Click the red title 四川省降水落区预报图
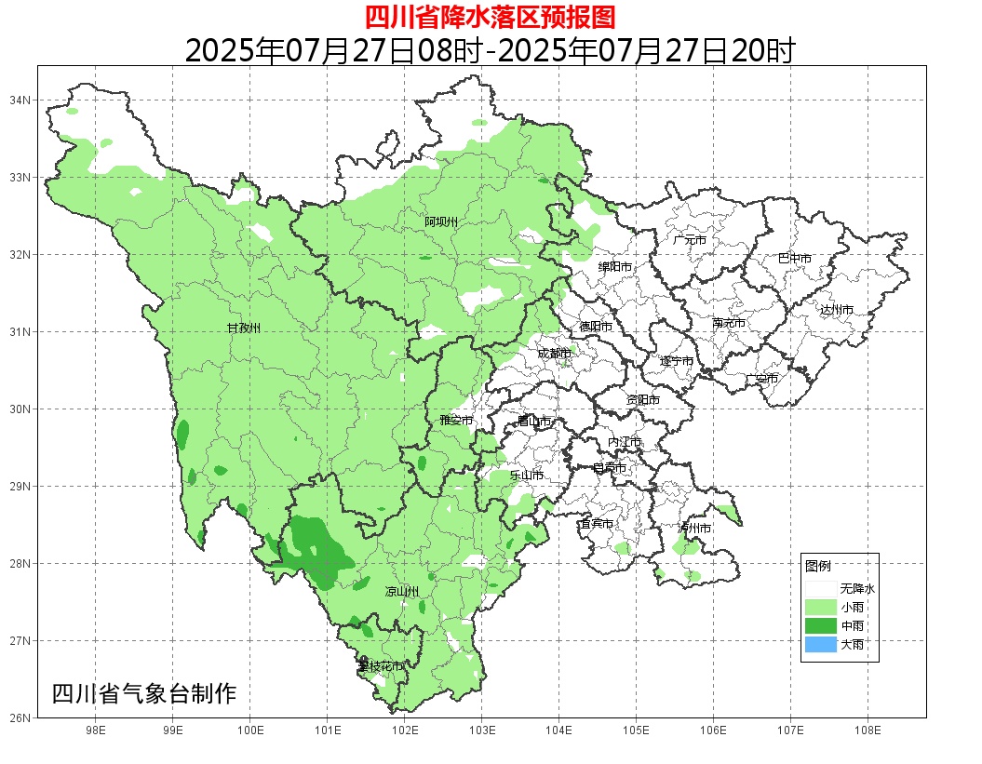490,17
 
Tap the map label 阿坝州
441,221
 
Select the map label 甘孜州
244,328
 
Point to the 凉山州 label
402,592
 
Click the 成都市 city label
555,353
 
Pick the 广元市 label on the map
690,240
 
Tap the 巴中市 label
795,259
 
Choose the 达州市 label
837,310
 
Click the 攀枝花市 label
381,666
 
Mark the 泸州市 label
694,529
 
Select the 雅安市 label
456,421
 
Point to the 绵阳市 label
615,267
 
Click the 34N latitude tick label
20,100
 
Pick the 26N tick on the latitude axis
20,717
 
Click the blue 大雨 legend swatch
821,644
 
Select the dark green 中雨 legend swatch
821,625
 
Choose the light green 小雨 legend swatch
821,607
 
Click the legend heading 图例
818,566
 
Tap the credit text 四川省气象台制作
144,693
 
